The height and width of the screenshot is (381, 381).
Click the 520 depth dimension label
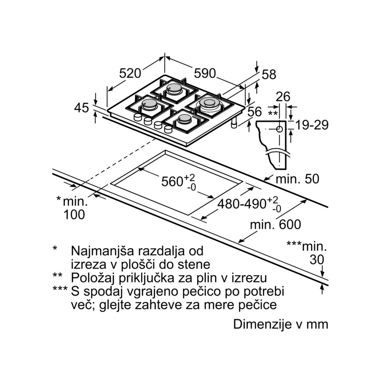click(130, 73)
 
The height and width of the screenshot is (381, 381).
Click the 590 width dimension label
click(205, 73)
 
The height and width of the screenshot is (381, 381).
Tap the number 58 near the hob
click(269, 75)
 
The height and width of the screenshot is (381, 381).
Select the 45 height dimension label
click(81, 108)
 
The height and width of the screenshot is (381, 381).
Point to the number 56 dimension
click(254, 112)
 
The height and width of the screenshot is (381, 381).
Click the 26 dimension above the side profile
click(283, 97)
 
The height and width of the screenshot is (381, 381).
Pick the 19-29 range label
click(312, 125)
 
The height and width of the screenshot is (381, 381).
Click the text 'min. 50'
click(297, 179)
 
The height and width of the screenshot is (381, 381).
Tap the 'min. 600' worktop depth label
click(276, 224)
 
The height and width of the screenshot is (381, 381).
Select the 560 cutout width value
click(172, 181)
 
